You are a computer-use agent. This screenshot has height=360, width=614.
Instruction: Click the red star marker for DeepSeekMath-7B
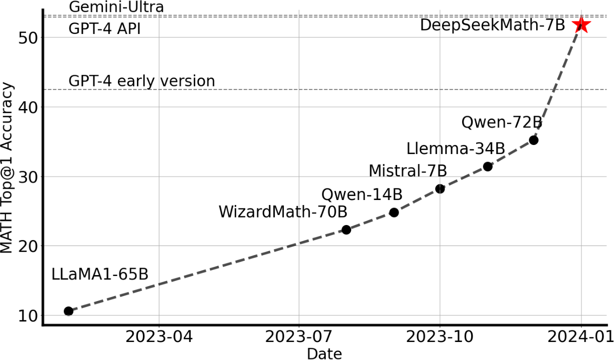(582, 25)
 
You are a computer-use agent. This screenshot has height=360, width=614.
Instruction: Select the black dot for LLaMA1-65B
(69, 311)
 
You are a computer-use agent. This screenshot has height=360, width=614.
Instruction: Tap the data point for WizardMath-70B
(346, 229)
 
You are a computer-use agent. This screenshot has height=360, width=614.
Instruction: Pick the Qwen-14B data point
(394, 212)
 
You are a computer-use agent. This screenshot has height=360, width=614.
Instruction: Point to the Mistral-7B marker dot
(440, 188)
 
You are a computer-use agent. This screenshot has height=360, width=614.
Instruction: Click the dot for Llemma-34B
(488, 166)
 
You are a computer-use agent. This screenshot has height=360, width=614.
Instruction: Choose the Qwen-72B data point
(534, 140)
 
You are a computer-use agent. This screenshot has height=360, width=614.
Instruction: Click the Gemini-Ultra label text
(116, 7)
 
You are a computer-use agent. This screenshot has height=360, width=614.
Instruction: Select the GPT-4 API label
(104, 29)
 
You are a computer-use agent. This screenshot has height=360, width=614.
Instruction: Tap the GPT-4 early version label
(141, 81)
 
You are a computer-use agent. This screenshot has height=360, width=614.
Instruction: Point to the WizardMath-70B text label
(283, 211)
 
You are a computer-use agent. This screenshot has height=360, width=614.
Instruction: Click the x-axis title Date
(324, 353)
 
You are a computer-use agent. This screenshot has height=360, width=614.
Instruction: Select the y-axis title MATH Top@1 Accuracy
(7, 168)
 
